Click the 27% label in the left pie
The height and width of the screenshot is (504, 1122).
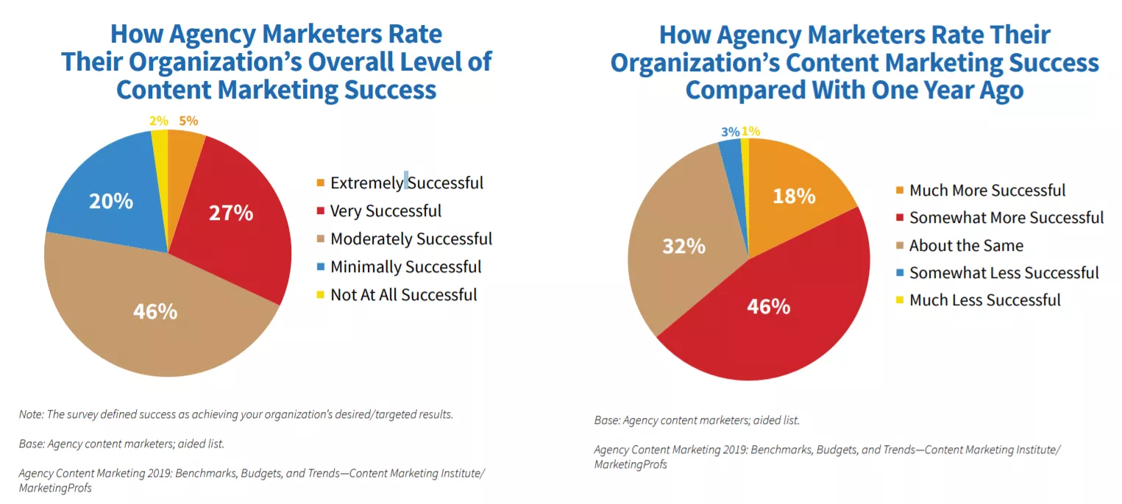pyautogui.click(x=232, y=214)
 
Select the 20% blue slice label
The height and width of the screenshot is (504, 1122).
pyautogui.click(x=111, y=201)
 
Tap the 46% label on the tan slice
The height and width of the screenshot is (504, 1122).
pyautogui.click(x=155, y=311)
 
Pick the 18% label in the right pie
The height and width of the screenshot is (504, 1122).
pyautogui.click(x=794, y=196)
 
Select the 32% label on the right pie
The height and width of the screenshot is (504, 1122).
pyautogui.click(x=684, y=246)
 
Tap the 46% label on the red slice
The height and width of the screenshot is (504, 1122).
pyautogui.click(x=769, y=306)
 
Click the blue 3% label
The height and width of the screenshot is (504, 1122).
pyautogui.click(x=731, y=132)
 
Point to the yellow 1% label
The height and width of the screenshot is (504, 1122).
pyautogui.click(x=751, y=132)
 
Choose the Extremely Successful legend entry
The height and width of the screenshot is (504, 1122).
pyautogui.click(x=406, y=182)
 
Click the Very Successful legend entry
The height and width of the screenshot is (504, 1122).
pyautogui.click(x=386, y=211)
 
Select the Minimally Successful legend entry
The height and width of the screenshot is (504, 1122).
pyautogui.click(x=405, y=267)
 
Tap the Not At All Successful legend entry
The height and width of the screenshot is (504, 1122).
pyautogui.click(x=403, y=295)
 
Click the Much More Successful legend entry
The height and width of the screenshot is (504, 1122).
pyautogui.click(x=987, y=191)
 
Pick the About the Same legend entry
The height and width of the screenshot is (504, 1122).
pyautogui.click(x=966, y=246)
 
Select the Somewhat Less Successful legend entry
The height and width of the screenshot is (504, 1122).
pyautogui.click(x=1004, y=273)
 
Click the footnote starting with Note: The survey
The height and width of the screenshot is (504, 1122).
pyautogui.click(x=236, y=414)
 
